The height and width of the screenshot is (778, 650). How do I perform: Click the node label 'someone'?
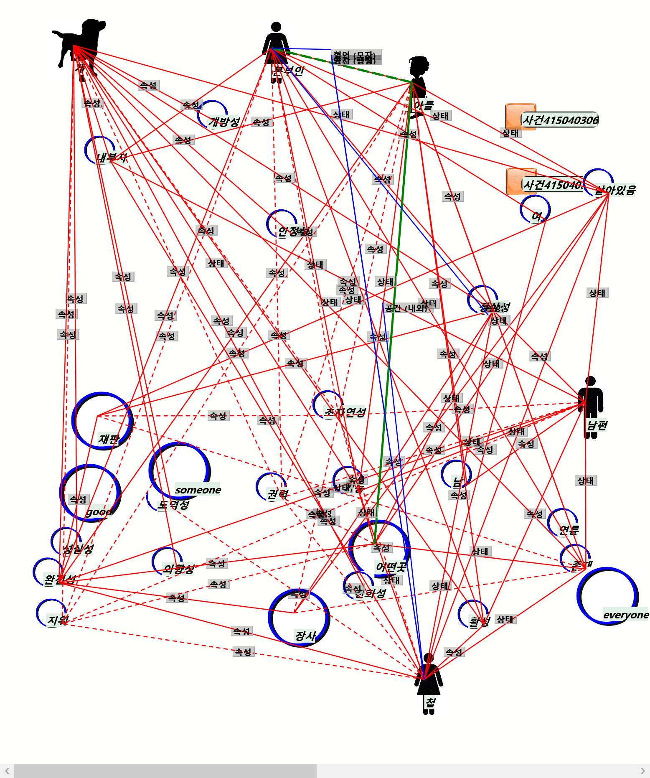198,490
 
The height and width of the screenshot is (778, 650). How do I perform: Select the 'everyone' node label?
626,615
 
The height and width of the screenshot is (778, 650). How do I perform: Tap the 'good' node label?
99,512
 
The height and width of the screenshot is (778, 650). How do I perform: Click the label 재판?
109,439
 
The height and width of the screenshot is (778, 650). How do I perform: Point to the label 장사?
305,636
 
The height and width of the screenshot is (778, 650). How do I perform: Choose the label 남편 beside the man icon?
597,425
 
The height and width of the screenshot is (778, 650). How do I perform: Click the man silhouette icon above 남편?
590,401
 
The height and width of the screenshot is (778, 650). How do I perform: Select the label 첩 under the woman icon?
430,702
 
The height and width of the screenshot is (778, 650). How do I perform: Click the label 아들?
424,105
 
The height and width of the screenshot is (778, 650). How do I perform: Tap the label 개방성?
224,122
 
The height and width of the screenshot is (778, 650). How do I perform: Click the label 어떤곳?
391,567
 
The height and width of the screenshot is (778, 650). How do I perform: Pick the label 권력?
278,494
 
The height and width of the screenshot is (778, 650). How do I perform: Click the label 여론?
569,530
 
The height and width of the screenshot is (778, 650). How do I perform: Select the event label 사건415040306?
560,120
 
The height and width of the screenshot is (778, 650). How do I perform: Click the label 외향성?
179,569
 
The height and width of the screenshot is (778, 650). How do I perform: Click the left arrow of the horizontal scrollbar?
7,770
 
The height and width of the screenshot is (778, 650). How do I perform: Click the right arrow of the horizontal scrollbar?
643,770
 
